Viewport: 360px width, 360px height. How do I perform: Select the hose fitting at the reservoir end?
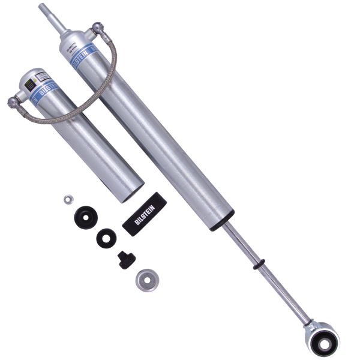tap(14, 102)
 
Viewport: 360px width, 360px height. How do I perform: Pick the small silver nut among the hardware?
tap(68, 199)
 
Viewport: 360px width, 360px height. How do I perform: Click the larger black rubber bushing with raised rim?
tap(86, 217)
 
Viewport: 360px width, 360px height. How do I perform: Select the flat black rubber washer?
tap(106, 238)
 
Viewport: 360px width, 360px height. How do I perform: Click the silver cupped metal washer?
tap(146, 280)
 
